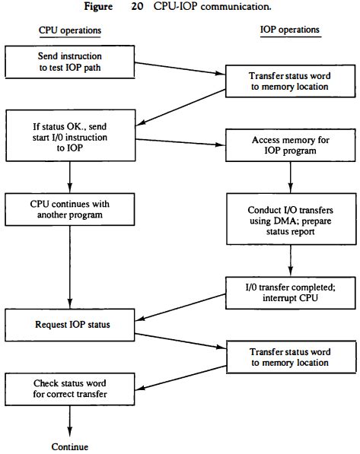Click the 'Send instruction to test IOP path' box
70,62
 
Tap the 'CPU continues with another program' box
70,208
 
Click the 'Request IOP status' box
70,325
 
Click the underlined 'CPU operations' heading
70,30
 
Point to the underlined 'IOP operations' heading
289,30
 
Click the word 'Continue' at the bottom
70,446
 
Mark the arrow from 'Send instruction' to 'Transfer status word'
175,69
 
